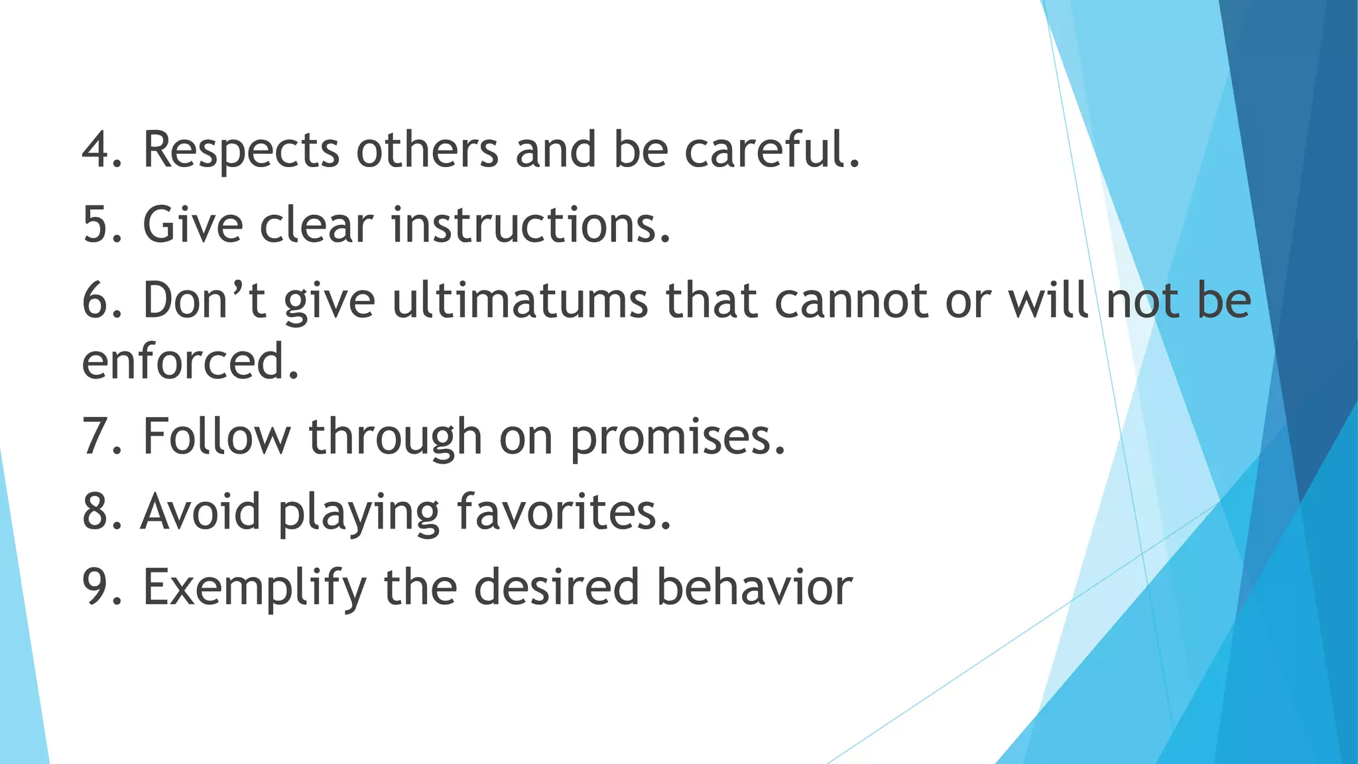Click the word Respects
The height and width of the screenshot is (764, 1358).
241,150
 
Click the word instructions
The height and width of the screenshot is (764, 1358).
530,225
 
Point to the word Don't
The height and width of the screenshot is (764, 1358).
204,300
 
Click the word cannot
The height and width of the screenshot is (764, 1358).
851,300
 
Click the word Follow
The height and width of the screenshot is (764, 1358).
217,437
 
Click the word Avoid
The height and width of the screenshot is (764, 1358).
200,512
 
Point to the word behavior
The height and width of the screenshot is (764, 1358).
754,588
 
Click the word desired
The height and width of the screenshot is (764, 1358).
556,588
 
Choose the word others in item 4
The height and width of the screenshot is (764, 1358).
427,150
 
